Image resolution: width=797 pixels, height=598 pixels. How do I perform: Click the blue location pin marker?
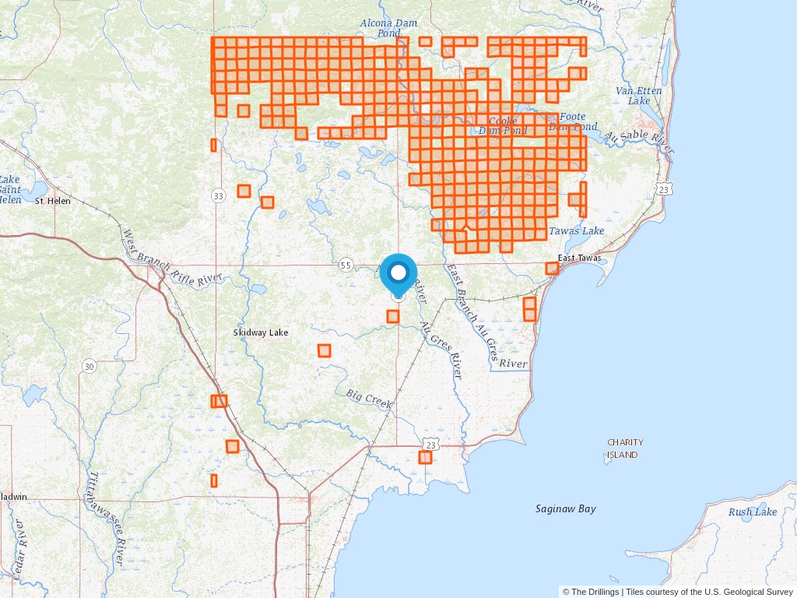pos(398,274)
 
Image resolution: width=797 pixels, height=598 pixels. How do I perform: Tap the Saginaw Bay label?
pos(566,508)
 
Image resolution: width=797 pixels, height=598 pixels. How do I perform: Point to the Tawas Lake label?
pos(576,230)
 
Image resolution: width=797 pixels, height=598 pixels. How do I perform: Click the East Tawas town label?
pos(579,258)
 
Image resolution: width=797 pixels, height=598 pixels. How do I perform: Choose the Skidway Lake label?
pos(261,332)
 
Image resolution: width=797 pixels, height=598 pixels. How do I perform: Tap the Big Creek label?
pos(369,399)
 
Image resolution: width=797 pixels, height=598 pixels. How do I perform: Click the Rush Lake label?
pos(753,512)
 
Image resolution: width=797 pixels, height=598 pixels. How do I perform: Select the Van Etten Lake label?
pos(638,96)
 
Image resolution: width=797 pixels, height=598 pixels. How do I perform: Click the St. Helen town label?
pos(53,201)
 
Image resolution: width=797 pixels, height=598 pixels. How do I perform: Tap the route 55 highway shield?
pos(346,266)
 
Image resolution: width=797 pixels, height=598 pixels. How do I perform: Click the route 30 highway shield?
pos(90,366)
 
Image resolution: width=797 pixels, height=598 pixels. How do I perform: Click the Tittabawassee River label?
pos(107,518)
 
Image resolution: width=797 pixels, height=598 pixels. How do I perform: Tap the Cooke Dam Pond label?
pos(503,126)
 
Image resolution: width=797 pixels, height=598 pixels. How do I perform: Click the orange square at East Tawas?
pos(552,269)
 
